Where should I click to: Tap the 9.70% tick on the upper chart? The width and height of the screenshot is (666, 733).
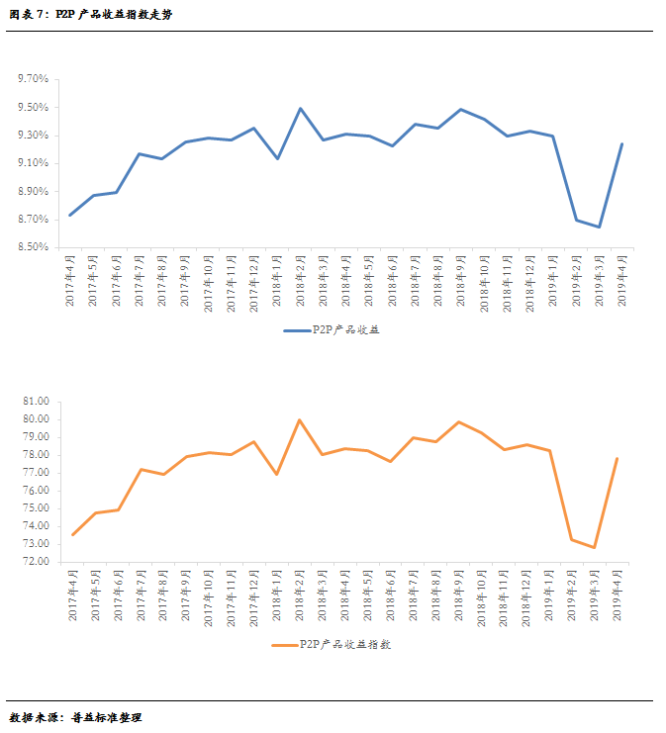click(33, 79)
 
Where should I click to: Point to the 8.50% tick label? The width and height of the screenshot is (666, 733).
click(33, 247)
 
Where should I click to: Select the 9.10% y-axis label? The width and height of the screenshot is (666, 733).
click(33, 163)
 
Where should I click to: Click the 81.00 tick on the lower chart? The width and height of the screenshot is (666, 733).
click(36, 402)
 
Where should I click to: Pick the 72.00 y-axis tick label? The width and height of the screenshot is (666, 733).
click(36, 562)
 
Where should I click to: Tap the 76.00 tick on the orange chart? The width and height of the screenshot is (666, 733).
click(36, 491)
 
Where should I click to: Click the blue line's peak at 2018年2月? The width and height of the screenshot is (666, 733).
click(300, 109)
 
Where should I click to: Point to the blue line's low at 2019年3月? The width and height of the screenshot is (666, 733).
click(599, 227)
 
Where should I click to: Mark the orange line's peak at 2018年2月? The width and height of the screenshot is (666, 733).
click(300, 419)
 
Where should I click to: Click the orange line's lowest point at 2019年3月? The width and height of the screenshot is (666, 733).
click(595, 547)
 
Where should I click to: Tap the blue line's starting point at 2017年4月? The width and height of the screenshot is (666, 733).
click(69, 215)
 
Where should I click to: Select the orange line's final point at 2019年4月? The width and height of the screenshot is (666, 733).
click(618, 458)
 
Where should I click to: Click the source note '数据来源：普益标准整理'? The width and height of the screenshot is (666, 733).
click(75, 717)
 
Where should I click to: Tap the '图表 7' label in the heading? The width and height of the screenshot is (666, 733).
click(27, 15)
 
